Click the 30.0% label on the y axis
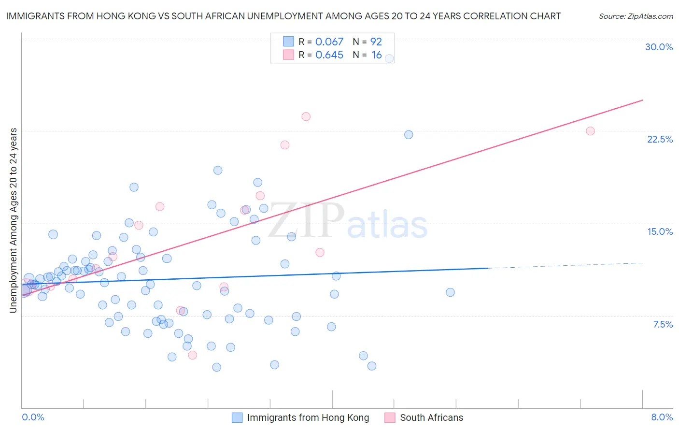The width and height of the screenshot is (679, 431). pyautogui.click(x=659, y=47)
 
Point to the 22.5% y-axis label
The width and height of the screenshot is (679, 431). pyautogui.click(x=660, y=139)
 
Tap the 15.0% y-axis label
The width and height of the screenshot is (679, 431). pyautogui.click(x=660, y=231)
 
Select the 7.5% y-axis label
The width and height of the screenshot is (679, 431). pyautogui.click(x=663, y=324)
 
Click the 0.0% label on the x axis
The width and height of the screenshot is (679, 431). pyautogui.click(x=33, y=417)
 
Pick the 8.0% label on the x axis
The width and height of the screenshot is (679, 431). pyautogui.click(x=662, y=417)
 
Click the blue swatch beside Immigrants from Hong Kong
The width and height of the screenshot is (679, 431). pyautogui.click(x=237, y=417)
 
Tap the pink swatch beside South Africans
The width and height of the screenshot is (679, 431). pyautogui.click(x=390, y=417)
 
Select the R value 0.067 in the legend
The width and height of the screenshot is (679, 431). pyautogui.click(x=329, y=42)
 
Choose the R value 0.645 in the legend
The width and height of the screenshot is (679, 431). pyautogui.click(x=329, y=55)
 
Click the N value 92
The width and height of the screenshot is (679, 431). pyautogui.click(x=376, y=42)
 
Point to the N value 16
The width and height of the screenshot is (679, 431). pyautogui.click(x=377, y=55)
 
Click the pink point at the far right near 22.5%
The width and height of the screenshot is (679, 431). pyautogui.click(x=590, y=131)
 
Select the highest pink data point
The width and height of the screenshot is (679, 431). pyautogui.click(x=306, y=116)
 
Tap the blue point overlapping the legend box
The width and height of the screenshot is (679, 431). pyautogui.click(x=389, y=58)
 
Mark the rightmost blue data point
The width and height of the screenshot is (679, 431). pyautogui.click(x=450, y=292)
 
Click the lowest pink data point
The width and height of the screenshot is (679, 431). pyautogui.click(x=192, y=355)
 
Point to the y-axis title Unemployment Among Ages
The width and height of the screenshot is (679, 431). pyautogui.click(x=14, y=220)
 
